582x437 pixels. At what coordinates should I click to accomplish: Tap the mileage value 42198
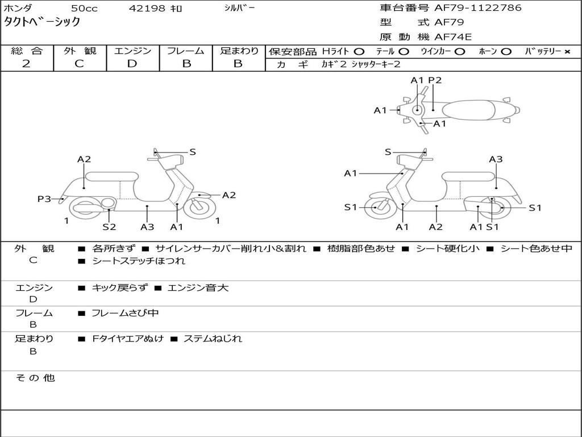(x=147, y=9)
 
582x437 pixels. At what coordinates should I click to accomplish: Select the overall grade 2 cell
(x=26, y=64)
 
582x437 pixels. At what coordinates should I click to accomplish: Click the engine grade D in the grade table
(x=132, y=64)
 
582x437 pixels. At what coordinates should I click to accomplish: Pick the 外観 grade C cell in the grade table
(x=79, y=64)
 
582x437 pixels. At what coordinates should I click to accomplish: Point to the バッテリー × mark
(x=567, y=51)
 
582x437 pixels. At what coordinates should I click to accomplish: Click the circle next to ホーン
(x=506, y=51)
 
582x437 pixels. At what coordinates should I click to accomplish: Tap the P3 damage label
(x=44, y=199)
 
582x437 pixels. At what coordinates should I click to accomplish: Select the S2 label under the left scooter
(x=109, y=226)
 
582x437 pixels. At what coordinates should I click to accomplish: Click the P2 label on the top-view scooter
(x=435, y=80)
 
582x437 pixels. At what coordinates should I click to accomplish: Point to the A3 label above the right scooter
(x=496, y=159)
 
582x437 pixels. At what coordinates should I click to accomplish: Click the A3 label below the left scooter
(x=147, y=226)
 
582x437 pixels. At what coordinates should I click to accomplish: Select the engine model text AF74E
(x=452, y=38)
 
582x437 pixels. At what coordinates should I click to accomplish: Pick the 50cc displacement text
(x=84, y=9)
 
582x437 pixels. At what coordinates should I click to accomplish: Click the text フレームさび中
(x=125, y=313)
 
